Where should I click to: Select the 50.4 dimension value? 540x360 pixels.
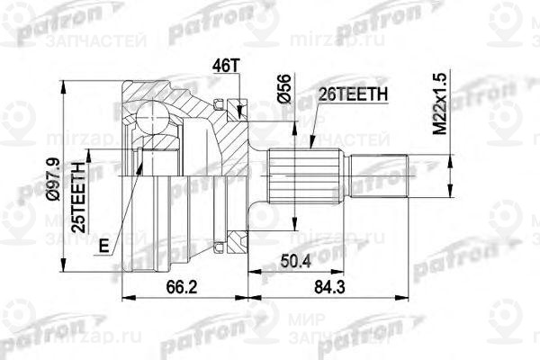pos(295,263)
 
